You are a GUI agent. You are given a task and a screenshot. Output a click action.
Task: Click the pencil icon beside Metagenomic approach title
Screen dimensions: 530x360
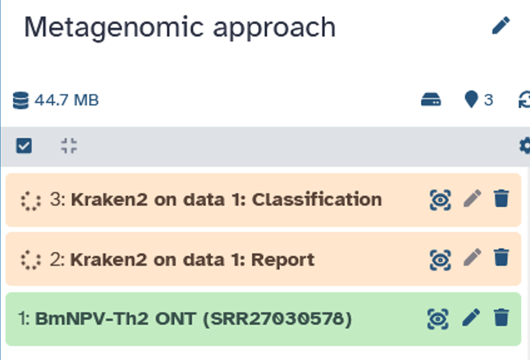click(501, 26)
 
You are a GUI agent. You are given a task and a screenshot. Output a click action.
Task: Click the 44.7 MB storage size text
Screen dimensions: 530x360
click(67, 100)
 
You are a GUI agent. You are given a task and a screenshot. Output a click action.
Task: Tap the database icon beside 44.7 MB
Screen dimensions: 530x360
click(21, 100)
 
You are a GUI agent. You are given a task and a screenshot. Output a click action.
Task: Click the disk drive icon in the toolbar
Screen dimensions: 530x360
click(431, 100)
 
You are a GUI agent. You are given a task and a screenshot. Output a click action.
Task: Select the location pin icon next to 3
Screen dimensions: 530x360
click(471, 99)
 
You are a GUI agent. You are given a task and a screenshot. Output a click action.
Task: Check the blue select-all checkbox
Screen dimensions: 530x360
click(24, 146)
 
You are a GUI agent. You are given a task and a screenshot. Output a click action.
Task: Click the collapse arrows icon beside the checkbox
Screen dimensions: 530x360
click(69, 146)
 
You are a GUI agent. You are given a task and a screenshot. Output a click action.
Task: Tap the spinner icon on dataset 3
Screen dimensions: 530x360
click(30, 201)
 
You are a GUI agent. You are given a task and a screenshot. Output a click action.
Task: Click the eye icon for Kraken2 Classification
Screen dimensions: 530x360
click(440, 200)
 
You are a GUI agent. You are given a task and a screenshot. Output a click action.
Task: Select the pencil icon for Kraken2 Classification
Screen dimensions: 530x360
click(472, 198)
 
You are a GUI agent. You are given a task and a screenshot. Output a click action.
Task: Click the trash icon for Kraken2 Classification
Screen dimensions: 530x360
click(501, 198)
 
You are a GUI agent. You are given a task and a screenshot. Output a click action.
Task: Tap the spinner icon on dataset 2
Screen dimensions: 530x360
click(30, 261)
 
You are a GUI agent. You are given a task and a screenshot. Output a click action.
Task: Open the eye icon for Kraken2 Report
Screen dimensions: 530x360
click(440, 260)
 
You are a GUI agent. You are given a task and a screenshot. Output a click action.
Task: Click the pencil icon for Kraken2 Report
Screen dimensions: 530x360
click(472, 257)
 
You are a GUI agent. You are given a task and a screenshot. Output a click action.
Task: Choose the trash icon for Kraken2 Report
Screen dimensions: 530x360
click(501, 257)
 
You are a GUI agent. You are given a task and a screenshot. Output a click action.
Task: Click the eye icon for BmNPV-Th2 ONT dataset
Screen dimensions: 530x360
click(438, 319)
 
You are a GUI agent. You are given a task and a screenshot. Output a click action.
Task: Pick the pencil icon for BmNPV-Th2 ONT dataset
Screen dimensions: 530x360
click(471, 318)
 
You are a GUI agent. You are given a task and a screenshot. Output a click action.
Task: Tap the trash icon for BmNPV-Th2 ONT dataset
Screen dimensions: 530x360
click(501, 318)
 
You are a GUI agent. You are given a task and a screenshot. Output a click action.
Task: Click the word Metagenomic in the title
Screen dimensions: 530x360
click(114, 28)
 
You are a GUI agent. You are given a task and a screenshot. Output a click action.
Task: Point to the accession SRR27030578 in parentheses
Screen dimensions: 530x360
click(277, 319)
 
